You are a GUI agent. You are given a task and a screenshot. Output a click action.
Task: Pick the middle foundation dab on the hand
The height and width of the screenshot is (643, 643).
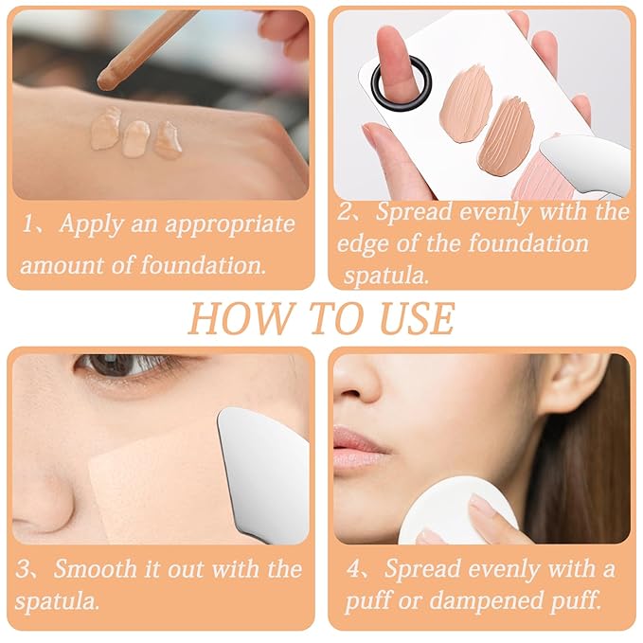click(135, 137)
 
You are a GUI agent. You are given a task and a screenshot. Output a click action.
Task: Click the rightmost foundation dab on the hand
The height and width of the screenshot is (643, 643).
click(168, 139)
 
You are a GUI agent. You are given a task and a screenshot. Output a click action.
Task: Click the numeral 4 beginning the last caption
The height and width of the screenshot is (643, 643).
click(352, 570)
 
